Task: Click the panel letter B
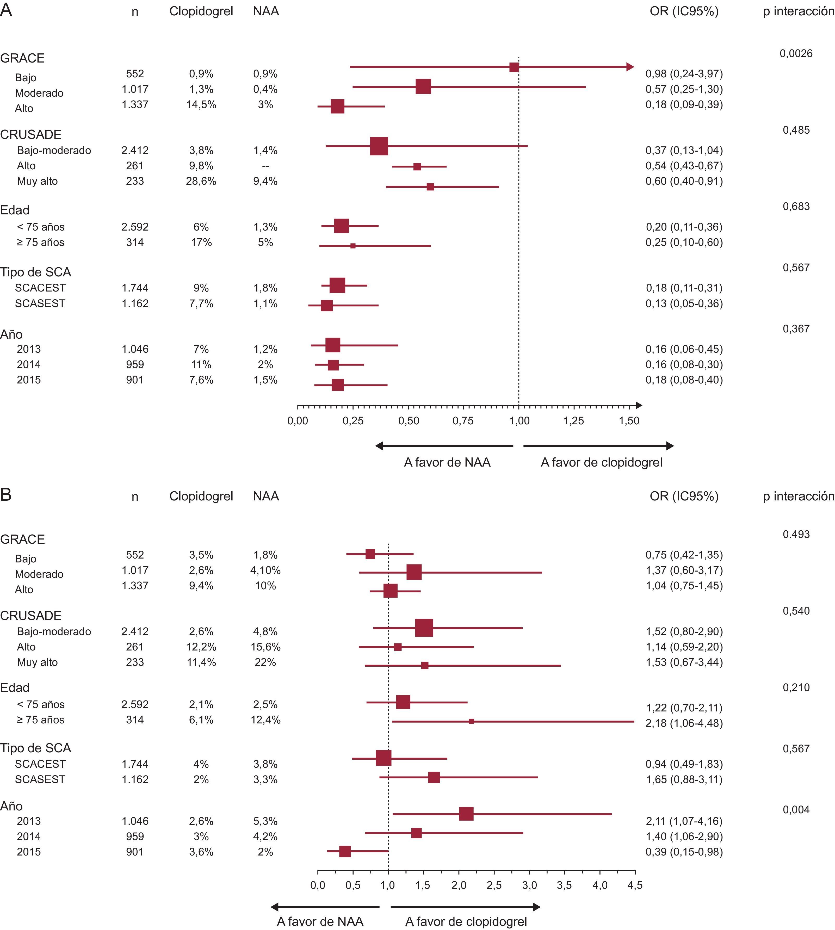click(6, 495)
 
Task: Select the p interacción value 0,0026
click(796, 54)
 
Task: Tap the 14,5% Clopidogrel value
click(201, 105)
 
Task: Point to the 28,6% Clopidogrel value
click(201, 181)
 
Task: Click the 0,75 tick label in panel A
click(463, 421)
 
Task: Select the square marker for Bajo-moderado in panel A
click(379, 146)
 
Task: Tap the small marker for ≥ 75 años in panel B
click(471, 722)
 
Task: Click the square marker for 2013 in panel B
click(466, 814)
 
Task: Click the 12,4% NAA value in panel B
click(266, 720)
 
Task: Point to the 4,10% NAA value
click(266, 570)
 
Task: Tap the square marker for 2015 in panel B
click(345, 852)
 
